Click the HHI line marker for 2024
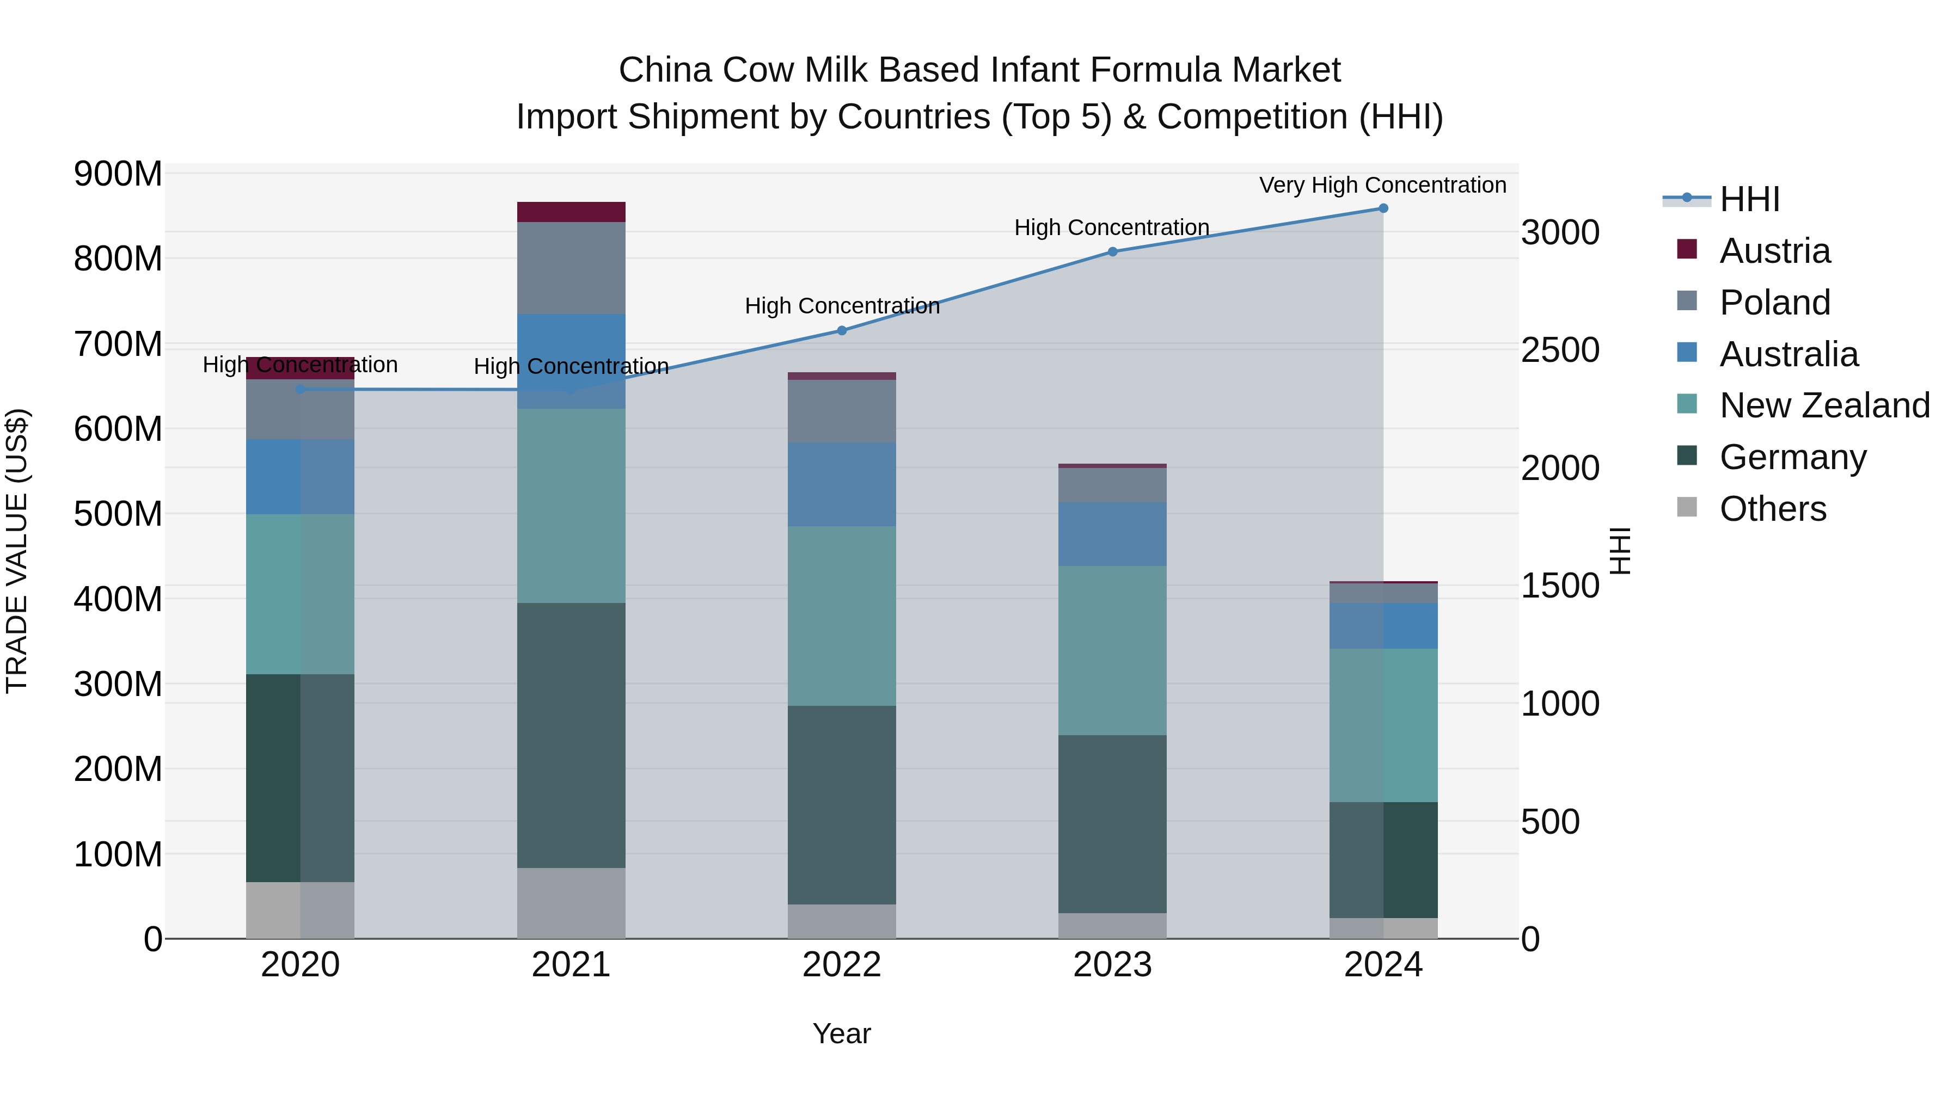point(1382,208)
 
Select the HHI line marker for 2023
point(1112,252)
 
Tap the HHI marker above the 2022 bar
point(842,331)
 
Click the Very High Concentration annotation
point(1382,186)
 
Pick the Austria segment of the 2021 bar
point(571,212)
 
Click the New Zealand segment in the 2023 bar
point(1112,650)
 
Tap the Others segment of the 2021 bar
point(571,903)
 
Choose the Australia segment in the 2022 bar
point(842,484)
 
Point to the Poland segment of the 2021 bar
point(571,268)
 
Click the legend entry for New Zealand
point(1824,405)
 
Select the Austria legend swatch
point(1687,249)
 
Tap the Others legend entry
point(1772,509)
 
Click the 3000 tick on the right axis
point(1560,233)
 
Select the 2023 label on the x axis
point(1112,965)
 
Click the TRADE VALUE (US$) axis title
point(17,551)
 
